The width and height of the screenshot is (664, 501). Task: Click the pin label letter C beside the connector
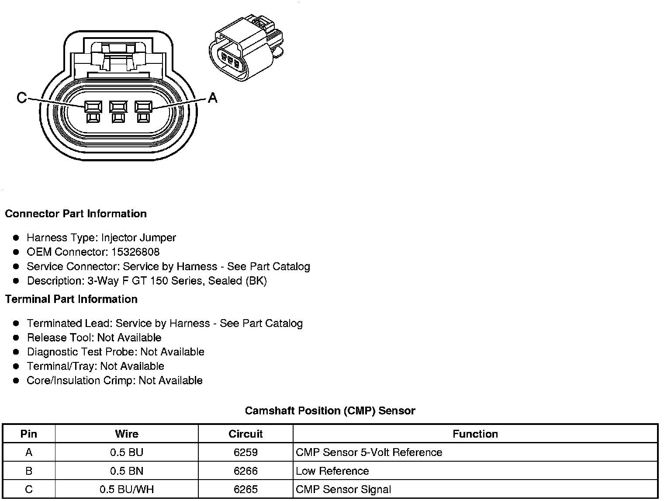(21, 97)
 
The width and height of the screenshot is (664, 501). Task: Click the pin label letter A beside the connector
(213, 97)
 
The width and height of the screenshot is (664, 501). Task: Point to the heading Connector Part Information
(76, 214)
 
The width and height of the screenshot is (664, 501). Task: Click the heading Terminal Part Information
(71, 299)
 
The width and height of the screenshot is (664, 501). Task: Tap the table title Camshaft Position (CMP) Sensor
(330, 411)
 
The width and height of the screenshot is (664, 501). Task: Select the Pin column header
(29, 434)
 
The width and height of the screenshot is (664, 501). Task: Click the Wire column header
(127, 434)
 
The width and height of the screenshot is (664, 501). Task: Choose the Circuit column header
(246, 434)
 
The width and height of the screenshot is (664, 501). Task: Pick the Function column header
(475, 434)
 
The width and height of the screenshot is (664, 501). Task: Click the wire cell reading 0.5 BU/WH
(127, 490)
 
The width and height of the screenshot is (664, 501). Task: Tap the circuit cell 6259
(246, 452)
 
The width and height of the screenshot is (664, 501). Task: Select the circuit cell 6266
(246, 471)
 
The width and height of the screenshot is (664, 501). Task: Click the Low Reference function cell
(332, 471)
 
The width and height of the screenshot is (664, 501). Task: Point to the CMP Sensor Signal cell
(343, 490)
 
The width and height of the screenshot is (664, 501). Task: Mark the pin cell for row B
(29, 471)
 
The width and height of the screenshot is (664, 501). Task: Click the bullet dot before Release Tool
(16, 338)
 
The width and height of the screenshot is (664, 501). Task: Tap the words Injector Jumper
(138, 238)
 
